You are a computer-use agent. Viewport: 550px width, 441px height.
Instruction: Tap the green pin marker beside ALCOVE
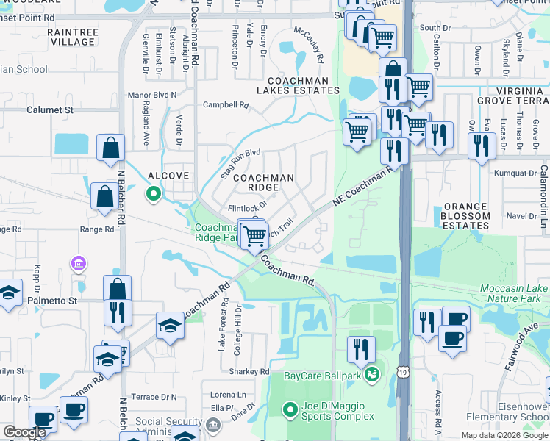154,194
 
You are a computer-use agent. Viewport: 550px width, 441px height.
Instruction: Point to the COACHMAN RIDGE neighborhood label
263,182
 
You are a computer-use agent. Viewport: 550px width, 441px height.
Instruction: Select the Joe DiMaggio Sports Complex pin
290,409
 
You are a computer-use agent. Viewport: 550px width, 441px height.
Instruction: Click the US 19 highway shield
403,415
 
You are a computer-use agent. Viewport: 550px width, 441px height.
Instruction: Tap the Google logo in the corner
24,432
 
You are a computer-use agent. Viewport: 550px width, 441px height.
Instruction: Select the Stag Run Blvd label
241,164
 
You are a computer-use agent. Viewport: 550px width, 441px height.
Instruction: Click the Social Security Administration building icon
213,424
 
